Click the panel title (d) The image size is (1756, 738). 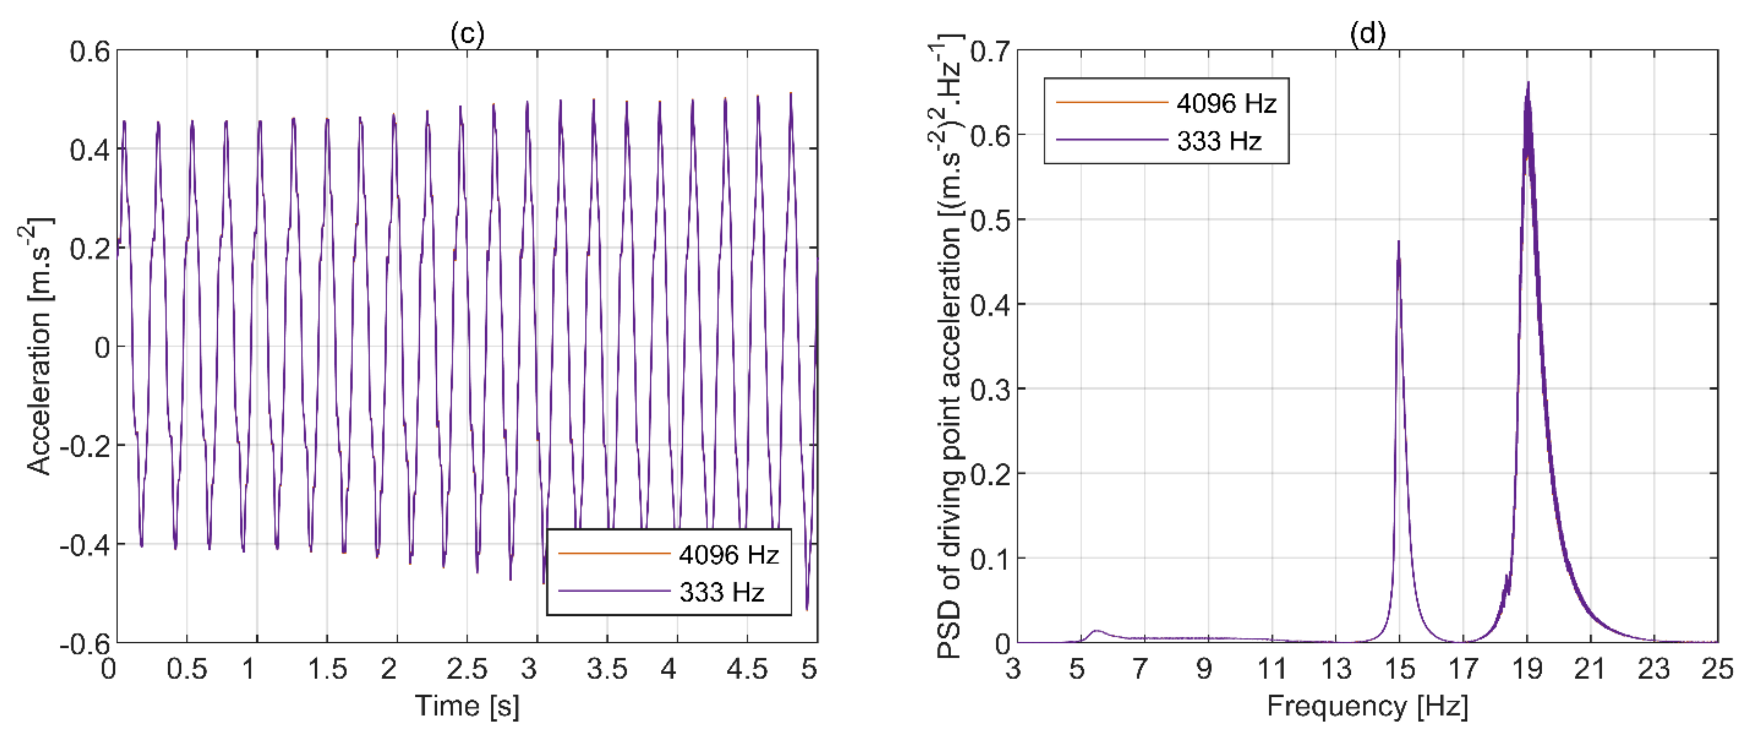pyautogui.click(x=1367, y=33)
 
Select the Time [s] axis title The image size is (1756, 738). pyautogui.click(x=467, y=706)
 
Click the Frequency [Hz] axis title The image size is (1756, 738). pyautogui.click(x=1367, y=706)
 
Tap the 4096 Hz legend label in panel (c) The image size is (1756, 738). pyautogui.click(x=729, y=555)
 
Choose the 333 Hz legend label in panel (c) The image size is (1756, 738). pyautogui.click(x=721, y=592)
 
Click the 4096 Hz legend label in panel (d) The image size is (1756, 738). pyautogui.click(x=1226, y=103)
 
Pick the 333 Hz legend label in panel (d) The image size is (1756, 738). pyautogui.click(x=1219, y=141)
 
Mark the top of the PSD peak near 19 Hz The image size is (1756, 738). pyautogui.click(x=1528, y=83)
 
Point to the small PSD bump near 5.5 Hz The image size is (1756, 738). pyautogui.click(x=1096, y=631)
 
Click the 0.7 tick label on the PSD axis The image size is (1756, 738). pyautogui.click(x=989, y=51)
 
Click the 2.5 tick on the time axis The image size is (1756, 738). pyautogui.click(x=467, y=669)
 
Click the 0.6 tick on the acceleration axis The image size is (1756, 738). pyautogui.click(x=89, y=51)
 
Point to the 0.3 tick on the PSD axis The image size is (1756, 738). pyautogui.click(x=989, y=390)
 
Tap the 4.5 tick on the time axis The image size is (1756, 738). pyautogui.click(x=746, y=669)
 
